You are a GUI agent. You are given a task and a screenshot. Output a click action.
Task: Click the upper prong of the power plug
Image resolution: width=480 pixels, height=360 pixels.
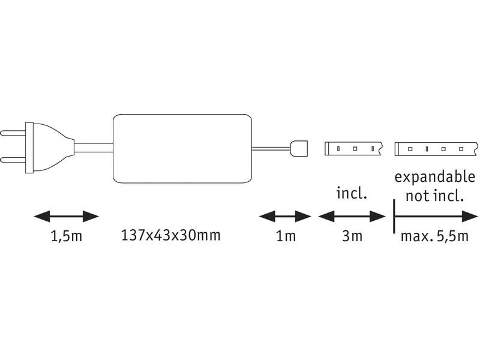coord(13,133)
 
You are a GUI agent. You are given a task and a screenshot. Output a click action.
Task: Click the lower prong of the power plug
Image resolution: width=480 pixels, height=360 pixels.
coord(13,160)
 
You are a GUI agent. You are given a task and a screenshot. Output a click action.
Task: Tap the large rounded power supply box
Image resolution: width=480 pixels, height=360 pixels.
coord(182,148)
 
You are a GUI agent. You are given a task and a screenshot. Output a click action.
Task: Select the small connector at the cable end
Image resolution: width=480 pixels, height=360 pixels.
coord(299,148)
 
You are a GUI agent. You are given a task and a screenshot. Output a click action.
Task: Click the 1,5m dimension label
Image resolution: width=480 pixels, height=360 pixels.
coord(67,236)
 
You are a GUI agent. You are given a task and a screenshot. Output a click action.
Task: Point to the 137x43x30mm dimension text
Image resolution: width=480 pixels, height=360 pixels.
coord(171,235)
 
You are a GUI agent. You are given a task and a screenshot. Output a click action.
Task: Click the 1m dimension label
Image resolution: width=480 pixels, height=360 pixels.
coord(286,236)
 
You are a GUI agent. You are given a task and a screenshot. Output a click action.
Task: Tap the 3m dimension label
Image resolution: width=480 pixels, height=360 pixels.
coord(352,236)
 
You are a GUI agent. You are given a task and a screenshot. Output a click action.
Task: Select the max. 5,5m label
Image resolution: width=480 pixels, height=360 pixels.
coord(434,236)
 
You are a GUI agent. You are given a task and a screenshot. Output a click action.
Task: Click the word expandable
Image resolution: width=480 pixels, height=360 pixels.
coord(434,177)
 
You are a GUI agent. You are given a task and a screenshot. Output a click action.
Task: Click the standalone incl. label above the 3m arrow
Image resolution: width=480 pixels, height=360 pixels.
coord(352,193)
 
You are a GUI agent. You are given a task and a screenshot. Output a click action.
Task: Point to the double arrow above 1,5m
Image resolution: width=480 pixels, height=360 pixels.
coord(66,217)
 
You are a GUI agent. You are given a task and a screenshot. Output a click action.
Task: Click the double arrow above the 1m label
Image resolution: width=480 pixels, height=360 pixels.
coord(285,217)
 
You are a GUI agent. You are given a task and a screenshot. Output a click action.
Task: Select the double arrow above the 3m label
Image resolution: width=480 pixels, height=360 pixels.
coord(352,217)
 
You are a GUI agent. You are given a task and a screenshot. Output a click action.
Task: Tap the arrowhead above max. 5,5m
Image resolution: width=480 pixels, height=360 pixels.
coord(470,217)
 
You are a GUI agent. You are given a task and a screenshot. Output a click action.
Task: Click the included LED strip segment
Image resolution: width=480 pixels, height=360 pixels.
coord(353,148)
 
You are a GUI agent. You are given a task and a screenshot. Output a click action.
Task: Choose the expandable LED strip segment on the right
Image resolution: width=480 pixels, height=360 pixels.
coord(436,149)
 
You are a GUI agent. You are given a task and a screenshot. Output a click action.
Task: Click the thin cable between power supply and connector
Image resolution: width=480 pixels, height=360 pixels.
coord(271,149)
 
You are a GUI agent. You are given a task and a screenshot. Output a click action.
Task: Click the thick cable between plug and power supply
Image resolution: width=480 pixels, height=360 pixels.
coord(94,148)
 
